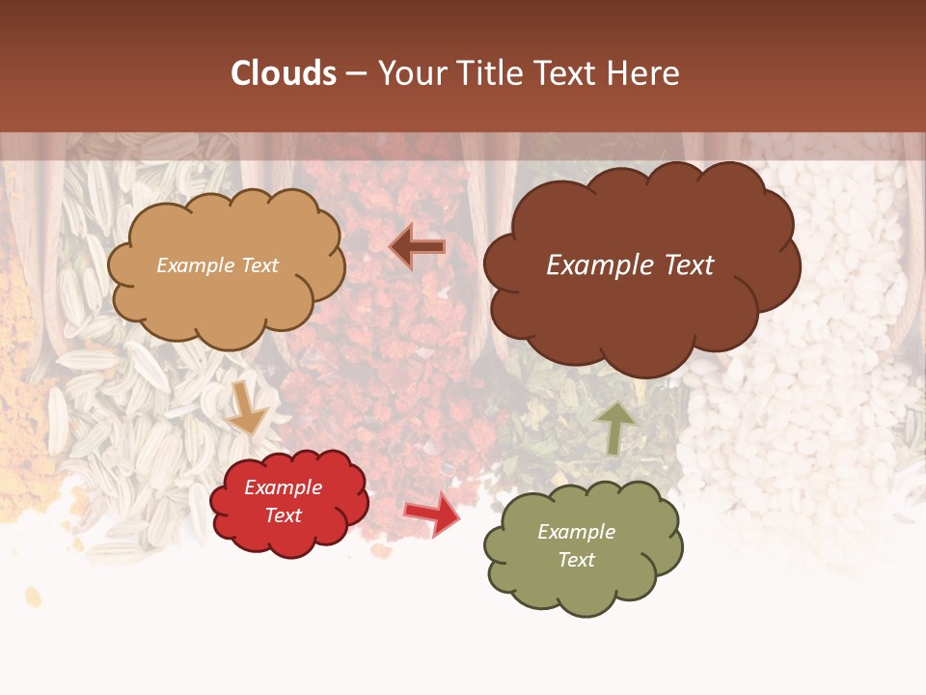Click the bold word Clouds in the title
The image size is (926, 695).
pyautogui.click(x=284, y=73)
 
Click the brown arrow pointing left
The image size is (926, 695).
pyautogui.click(x=417, y=247)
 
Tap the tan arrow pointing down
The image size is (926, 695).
pyautogui.click(x=248, y=407)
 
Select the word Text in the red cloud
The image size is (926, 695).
pyautogui.click(x=284, y=515)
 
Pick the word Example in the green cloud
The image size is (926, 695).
pyautogui.click(x=576, y=532)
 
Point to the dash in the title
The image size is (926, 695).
pyautogui.click(x=356, y=73)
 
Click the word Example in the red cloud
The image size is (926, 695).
pyautogui.click(x=284, y=487)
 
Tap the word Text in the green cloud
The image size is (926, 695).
pyautogui.click(x=576, y=560)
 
